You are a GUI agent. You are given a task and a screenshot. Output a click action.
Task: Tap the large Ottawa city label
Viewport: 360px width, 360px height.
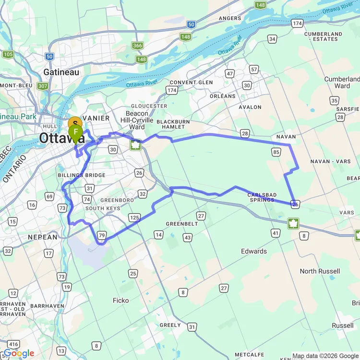(x=62, y=138)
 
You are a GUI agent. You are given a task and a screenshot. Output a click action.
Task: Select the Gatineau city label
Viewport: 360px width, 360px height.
(x=61, y=72)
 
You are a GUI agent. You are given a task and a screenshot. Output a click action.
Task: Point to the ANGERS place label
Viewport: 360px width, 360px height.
(x=229, y=18)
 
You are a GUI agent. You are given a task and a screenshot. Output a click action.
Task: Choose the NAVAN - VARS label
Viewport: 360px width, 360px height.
(x=330, y=161)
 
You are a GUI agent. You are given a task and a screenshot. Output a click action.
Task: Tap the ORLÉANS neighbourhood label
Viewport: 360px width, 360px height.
(x=223, y=96)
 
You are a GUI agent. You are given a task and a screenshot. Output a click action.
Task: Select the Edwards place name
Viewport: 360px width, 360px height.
(x=254, y=251)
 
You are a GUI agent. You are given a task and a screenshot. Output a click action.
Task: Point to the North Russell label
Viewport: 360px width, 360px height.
(x=320, y=271)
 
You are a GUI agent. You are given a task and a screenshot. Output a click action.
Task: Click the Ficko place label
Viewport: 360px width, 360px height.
(x=120, y=300)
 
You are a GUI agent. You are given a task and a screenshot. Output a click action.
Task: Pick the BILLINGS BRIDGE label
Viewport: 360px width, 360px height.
(x=81, y=175)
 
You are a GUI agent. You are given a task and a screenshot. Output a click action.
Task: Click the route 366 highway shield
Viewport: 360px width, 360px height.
(x=137, y=46)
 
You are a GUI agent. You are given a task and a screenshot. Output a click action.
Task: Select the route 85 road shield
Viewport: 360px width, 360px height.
(x=276, y=152)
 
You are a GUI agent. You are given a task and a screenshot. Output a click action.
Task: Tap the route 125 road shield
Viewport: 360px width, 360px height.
(x=134, y=218)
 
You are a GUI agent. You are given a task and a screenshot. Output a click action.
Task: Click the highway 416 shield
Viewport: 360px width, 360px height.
(x=14, y=344)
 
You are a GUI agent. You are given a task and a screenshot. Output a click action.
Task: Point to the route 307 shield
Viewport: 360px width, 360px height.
(x=43, y=86)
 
